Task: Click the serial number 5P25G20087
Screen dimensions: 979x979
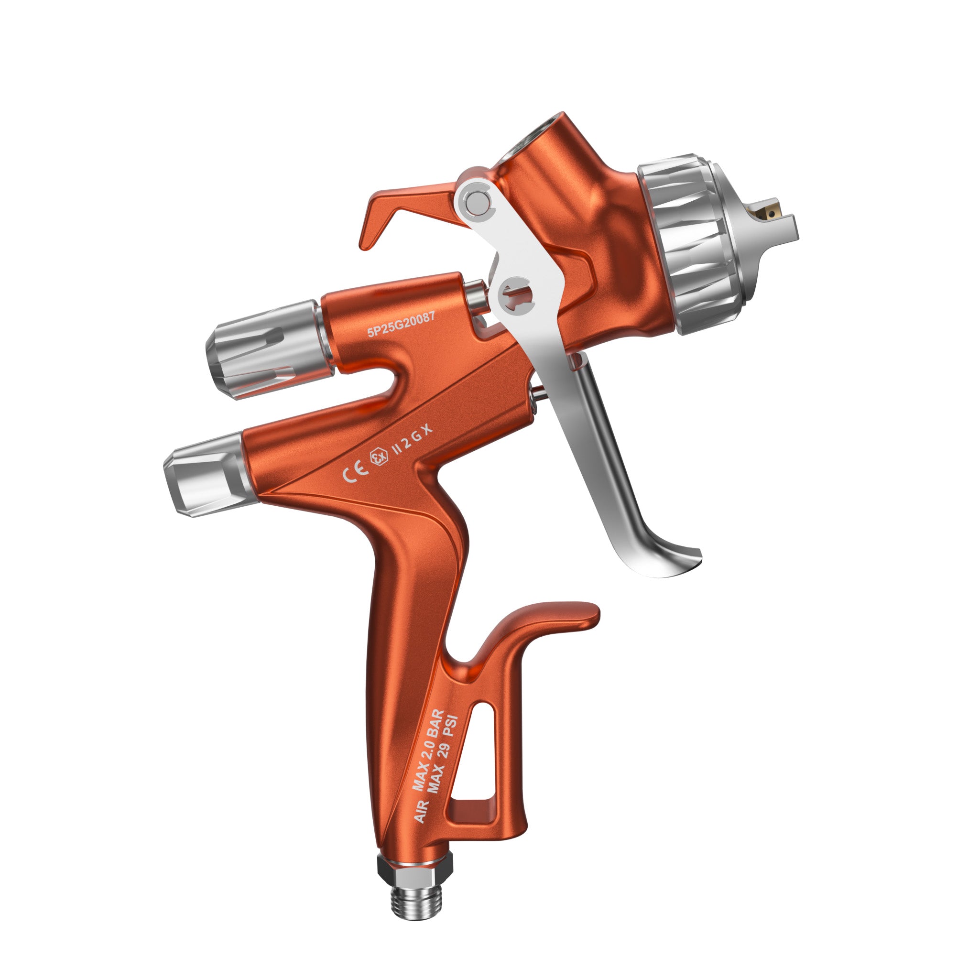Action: click(x=401, y=324)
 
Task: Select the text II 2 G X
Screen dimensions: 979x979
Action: click(x=413, y=440)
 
